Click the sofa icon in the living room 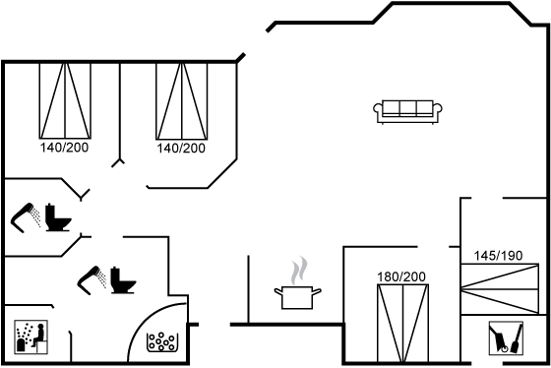click(x=407, y=111)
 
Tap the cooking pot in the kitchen click(x=297, y=297)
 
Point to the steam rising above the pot click(x=299, y=270)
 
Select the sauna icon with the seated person click(x=31, y=337)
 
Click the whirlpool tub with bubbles click(x=162, y=342)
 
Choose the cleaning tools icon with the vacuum click(x=506, y=338)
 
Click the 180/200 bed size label click(x=401, y=276)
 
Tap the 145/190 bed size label click(x=498, y=256)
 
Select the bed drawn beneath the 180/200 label click(x=402, y=324)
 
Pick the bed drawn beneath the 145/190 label click(x=500, y=289)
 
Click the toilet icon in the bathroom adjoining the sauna click(x=123, y=280)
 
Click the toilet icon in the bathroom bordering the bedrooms click(x=58, y=217)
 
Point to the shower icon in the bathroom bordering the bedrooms click(x=26, y=217)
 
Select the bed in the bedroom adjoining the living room click(x=182, y=101)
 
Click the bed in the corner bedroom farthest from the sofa click(x=65, y=101)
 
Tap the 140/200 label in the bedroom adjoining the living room click(x=181, y=149)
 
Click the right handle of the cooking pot click(x=317, y=291)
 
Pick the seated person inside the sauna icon click(x=38, y=335)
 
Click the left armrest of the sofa click(x=378, y=108)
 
